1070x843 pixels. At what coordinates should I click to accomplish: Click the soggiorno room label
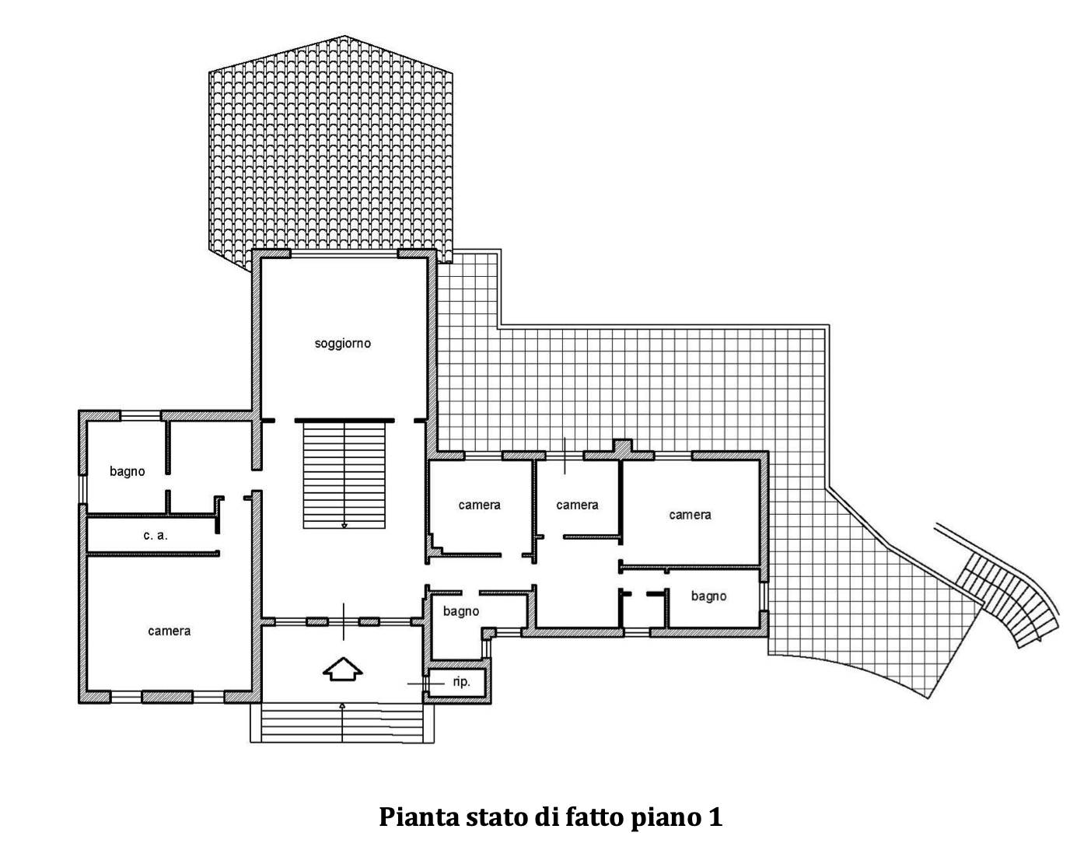pos(343,344)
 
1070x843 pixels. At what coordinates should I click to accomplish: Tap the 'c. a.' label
pos(156,536)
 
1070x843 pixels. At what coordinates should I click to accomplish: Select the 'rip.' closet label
pos(461,681)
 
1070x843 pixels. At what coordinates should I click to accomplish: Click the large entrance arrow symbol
pos(343,669)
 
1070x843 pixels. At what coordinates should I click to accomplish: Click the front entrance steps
pos(342,722)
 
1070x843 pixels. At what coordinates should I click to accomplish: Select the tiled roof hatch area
pos(330,149)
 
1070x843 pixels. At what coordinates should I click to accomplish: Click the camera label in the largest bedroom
pos(169,631)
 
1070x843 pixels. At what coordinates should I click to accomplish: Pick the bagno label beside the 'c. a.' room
pos(128,471)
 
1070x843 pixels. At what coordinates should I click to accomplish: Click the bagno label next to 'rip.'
pos(461,611)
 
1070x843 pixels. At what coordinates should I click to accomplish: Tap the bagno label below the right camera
pos(708,596)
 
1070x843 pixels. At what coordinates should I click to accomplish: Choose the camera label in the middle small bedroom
pos(577,505)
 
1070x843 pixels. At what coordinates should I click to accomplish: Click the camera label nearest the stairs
pos(479,505)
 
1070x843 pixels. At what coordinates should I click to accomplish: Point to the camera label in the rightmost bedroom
pos(690,515)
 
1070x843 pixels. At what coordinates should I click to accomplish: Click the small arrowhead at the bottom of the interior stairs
pos(344,525)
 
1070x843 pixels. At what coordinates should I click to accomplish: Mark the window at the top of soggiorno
pos(344,254)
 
